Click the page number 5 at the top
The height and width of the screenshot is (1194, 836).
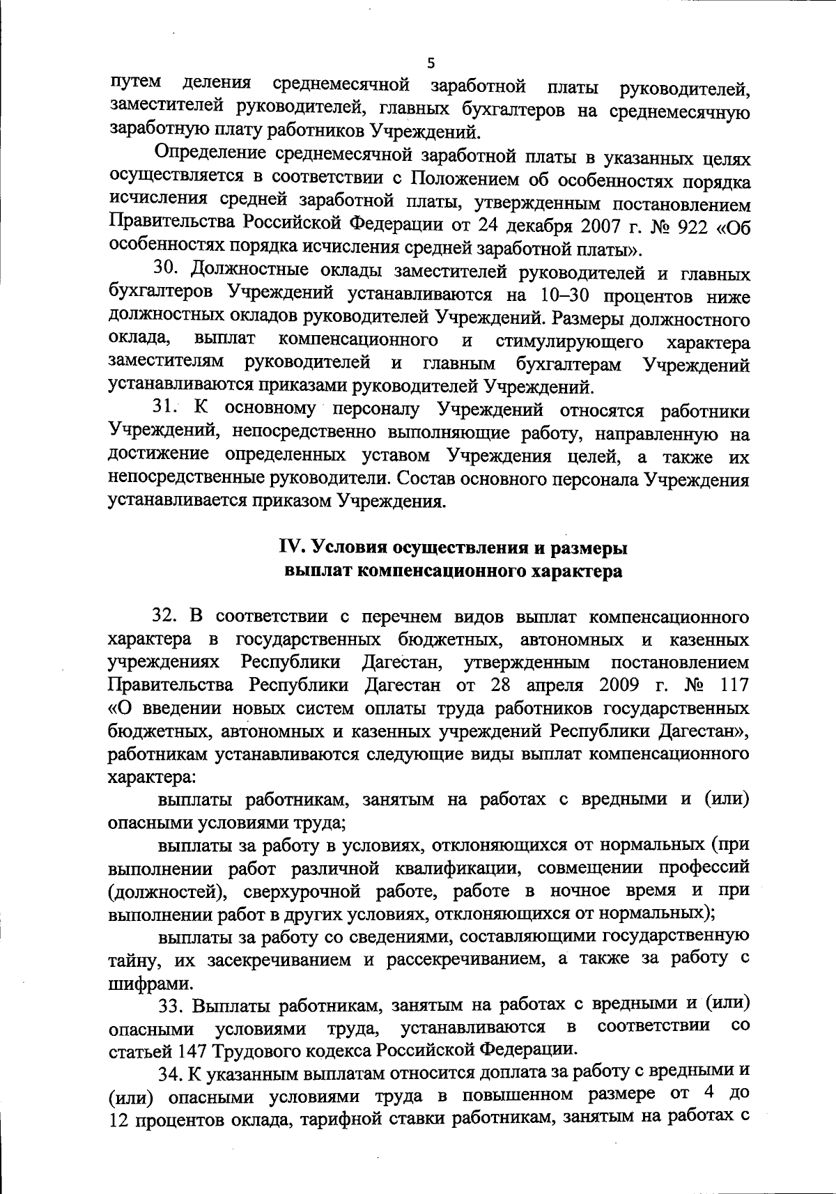coord(431,63)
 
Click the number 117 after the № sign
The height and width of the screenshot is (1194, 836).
coord(734,685)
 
